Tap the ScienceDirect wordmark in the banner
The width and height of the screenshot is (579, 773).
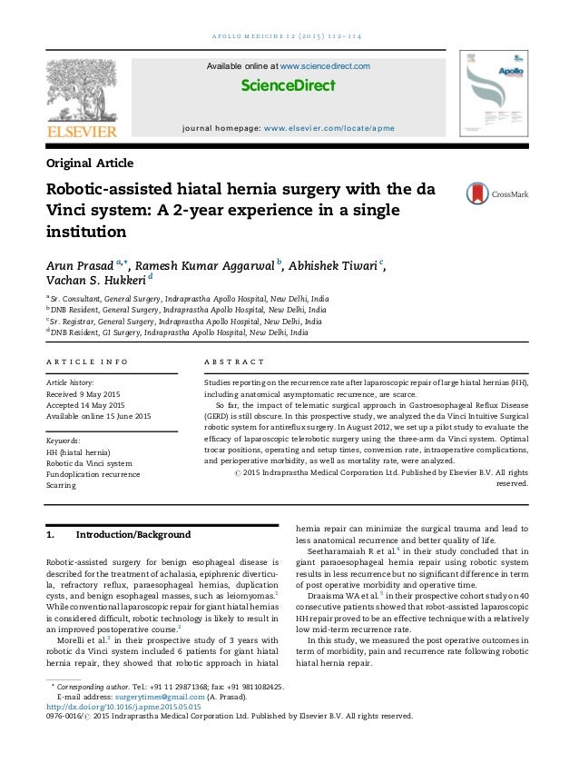[x=289, y=86]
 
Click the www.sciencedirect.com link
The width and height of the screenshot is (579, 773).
[x=324, y=66]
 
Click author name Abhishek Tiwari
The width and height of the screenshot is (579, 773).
[x=330, y=265]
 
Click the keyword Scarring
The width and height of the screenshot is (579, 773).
[x=63, y=486]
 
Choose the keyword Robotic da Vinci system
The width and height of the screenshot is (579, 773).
[x=88, y=462]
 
